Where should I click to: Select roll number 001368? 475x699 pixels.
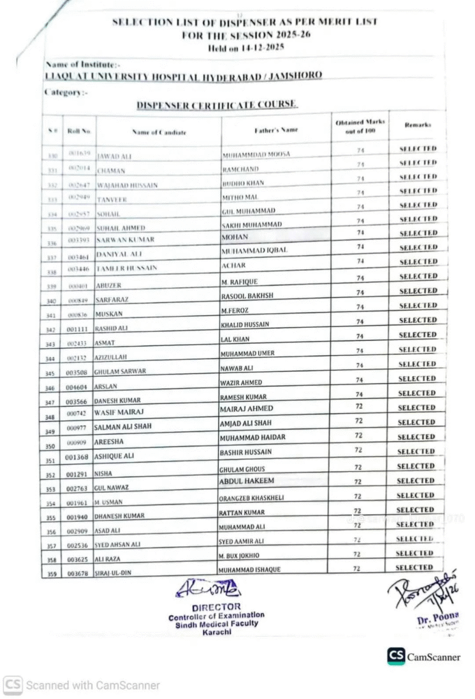77,457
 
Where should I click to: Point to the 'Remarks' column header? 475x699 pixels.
418,126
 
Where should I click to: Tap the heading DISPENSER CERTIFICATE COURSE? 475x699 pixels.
217,104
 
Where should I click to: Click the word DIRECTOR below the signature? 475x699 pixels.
216,606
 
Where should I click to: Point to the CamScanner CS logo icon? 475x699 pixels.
396,656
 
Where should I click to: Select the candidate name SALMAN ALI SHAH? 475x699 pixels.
124,427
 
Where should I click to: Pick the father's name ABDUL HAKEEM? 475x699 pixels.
247,481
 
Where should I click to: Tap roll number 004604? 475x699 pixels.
77,386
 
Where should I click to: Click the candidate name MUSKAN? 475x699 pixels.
109,315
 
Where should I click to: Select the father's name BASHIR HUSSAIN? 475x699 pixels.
247,453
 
